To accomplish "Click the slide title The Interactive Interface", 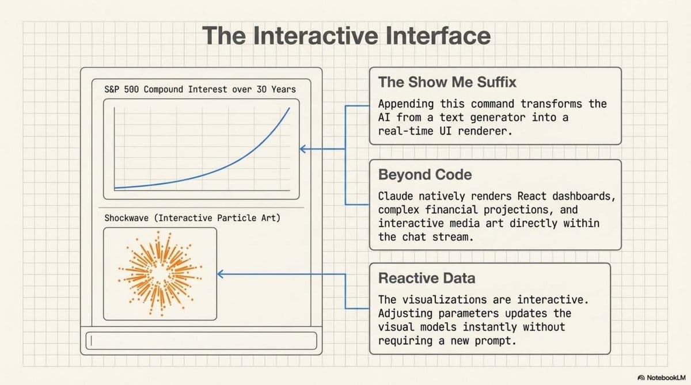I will (x=347, y=36).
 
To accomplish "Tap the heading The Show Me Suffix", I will (x=447, y=82).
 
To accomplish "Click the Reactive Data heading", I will (x=427, y=279).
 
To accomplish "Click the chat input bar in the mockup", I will (x=202, y=340).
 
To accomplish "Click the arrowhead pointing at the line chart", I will (x=302, y=150).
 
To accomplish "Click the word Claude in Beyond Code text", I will (x=398, y=196).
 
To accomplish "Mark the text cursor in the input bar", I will (x=89, y=340).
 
